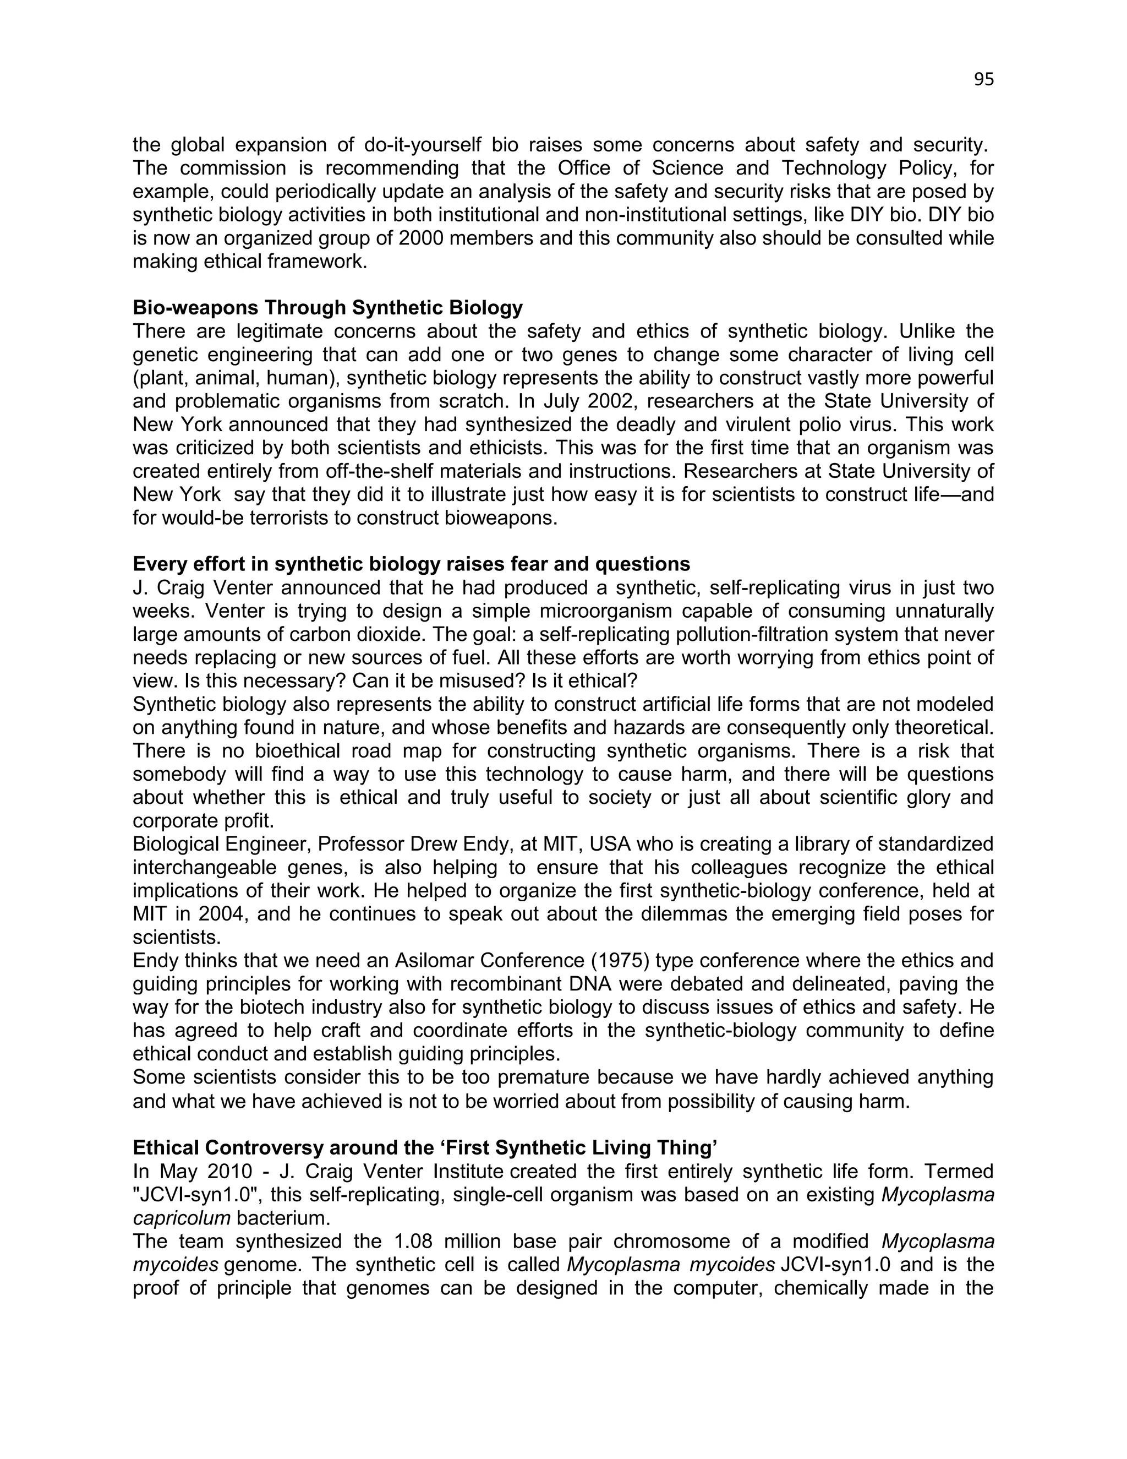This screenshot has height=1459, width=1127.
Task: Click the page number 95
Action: (x=983, y=79)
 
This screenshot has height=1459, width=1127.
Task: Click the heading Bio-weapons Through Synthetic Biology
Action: (x=327, y=308)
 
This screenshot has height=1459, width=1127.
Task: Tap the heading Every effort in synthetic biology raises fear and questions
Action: (x=411, y=564)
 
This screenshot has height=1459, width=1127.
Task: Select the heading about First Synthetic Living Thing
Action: (x=425, y=1148)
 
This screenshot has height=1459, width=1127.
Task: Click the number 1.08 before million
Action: (x=412, y=1241)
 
